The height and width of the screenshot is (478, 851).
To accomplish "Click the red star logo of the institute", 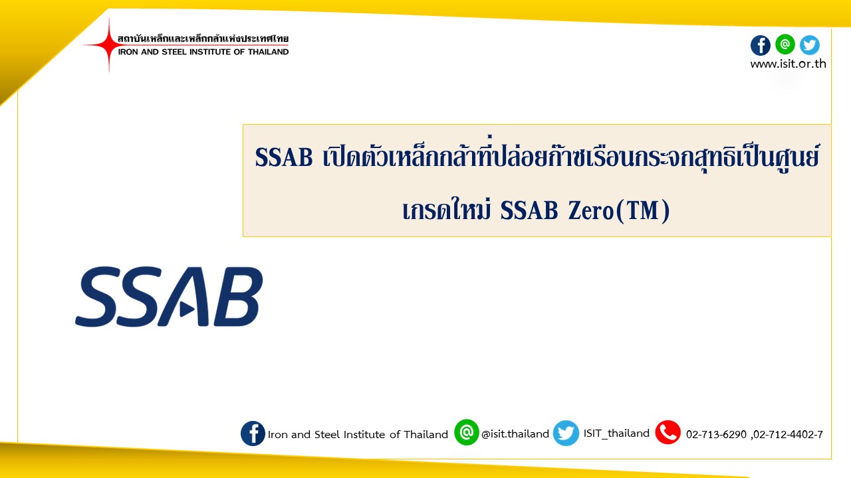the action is coord(108,44).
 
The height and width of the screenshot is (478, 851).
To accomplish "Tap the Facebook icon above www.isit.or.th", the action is coord(760,46).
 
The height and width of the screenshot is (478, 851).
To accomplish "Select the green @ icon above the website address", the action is coord(785,44).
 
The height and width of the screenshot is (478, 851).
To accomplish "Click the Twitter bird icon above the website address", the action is coord(810,45).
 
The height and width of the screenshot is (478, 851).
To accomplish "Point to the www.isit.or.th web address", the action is coord(788,64).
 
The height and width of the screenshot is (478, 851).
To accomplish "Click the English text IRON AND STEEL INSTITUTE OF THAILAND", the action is coord(203,52).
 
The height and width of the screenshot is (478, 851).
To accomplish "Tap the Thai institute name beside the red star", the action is coord(203,39).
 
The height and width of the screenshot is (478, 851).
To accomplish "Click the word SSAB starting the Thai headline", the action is coord(284,157).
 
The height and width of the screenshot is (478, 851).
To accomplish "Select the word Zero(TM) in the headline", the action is coord(619,211).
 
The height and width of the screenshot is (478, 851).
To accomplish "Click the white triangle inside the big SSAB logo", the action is coord(187,309).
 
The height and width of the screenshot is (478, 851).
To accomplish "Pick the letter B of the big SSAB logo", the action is coord(238,296).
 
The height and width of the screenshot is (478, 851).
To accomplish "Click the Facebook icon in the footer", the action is coord(253,434).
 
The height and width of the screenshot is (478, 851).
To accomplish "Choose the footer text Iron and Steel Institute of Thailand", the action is coord(358,434).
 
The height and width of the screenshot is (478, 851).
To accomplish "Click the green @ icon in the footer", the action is coord(467,432).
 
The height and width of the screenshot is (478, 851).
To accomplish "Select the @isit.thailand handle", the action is coord(515,434).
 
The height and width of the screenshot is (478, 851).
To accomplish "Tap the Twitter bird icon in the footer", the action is coord(566,433).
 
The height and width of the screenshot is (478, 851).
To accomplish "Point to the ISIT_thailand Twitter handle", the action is coord(616,434).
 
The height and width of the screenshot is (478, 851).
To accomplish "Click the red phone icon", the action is coord(668,432).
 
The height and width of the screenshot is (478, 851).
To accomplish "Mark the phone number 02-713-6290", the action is coord(716,434).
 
